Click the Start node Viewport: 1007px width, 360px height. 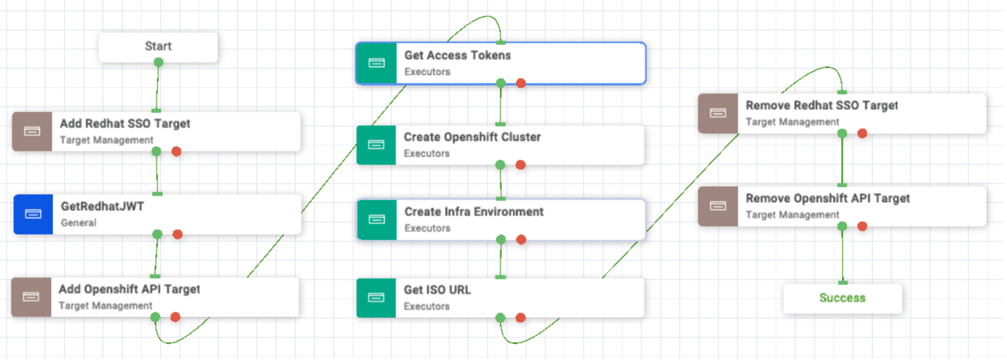click(158, 47)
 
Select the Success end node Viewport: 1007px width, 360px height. click(842, 297)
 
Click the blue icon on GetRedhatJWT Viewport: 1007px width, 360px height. click(33, 214)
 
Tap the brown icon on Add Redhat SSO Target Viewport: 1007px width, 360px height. click(32, 131)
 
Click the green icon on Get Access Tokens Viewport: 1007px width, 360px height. click(376, 63)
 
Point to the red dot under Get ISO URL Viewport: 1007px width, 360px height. click(520, 317)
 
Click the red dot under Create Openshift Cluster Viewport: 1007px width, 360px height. click(520, 165)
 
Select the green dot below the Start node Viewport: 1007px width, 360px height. click(158, 62)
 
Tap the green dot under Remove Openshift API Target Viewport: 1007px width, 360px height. click(842, 226)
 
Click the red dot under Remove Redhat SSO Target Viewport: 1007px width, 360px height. click(862, 133)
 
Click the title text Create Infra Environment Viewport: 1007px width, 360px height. click(474, 212)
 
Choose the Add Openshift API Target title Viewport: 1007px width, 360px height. click(129, 289)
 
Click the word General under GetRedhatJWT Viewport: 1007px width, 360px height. click(78, 223)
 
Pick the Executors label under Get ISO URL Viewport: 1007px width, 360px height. click(426, 306)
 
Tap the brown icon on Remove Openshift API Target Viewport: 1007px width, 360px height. click(718, 206)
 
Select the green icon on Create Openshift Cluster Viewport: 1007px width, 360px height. click(376, 145)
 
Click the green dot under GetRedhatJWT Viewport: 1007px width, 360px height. click(157, 234)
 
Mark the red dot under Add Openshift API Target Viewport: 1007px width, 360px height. click(175, 317)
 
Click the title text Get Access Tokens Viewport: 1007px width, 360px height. click(458, 55)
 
